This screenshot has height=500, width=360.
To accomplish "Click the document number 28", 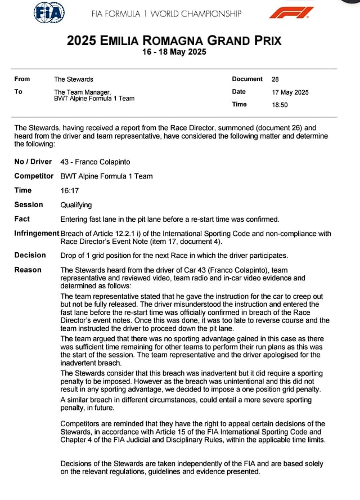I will pyautogui.click(x=275, y=79).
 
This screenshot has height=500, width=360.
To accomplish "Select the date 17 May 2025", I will pyautogui.click(x=290, y=92).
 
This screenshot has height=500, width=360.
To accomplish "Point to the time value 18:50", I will pyautogui.click(x=280, y=105).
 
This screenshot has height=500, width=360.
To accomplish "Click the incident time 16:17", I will pyautogui.click(x=69, y=191).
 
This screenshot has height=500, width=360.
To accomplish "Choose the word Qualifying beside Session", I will pyautogui.click(x=76, y=205).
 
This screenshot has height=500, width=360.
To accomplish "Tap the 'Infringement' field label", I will pyautogui.click(x=37, y=234).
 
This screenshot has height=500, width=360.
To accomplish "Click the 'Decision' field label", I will pyautogui.click(x=30, y=255).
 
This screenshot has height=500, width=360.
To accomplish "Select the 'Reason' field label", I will pyautogui.click(x=28, y=270).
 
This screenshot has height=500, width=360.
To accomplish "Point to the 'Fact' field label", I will pyautogui.click(x=22, y=219).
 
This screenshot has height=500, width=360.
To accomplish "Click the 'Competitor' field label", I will pyautogui.click(x=33, y=176).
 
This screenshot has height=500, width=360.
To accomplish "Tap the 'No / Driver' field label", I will pyautogui.click(x=33, y=162).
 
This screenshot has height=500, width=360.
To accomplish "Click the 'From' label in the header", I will pyautogui.click(x=22, y=79).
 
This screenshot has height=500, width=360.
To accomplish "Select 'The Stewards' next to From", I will pyautogui.click(x=73, y=79).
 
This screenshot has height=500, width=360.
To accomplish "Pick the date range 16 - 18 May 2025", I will pyautogui.click(x=174, y=52).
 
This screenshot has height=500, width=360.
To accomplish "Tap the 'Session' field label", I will pyautogui.click(x=28, y=205).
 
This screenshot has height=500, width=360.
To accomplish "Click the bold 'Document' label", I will pyautogui.click(x=247, y=79).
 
